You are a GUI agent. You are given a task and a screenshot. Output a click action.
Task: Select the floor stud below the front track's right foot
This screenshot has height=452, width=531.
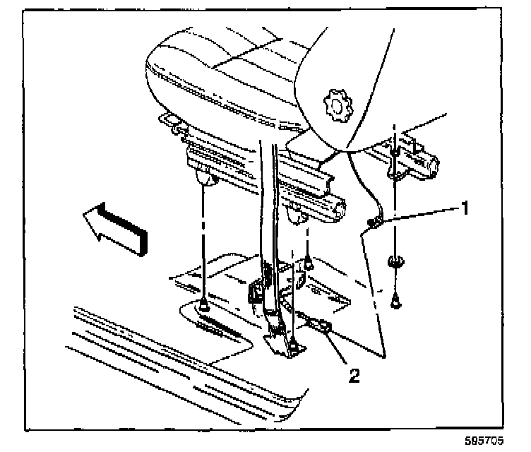(x=308, y=264)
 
